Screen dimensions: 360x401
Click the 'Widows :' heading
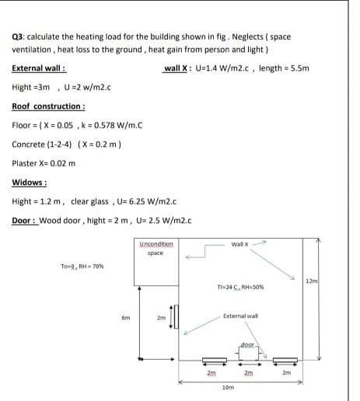(x=30, y=183)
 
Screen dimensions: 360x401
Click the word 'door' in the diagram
(x=247, y=343)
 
